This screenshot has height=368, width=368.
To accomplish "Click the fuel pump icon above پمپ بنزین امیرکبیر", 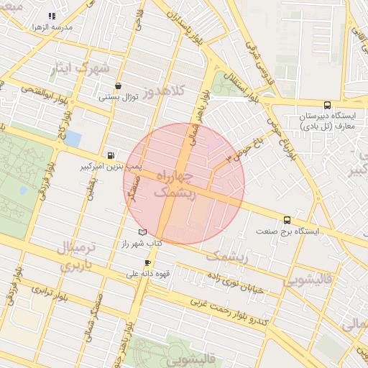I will point(110,155).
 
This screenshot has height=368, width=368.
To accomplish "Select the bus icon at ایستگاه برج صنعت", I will point(287,220).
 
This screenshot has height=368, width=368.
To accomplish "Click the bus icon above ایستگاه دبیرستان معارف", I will point(327,103).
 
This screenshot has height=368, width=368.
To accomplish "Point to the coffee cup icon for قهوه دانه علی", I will point(148,262).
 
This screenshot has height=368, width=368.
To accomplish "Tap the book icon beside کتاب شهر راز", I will point(142,232).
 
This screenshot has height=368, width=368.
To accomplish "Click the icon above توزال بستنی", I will point(118,86).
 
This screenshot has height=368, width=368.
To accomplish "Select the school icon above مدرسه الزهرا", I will point(51,16).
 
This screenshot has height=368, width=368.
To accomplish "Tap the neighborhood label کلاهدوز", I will point(164,93).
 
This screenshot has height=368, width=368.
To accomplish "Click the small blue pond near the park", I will point(72,138).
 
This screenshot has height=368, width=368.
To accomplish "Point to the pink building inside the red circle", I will point(216,144).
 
